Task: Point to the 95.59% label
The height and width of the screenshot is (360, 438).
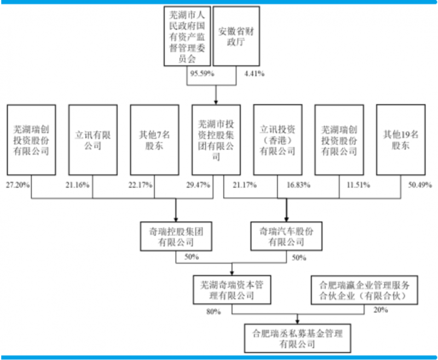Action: (x=202, y=73)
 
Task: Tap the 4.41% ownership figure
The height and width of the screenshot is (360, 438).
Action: (x=254, y=73)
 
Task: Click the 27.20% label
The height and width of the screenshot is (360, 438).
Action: (x=18, y=185)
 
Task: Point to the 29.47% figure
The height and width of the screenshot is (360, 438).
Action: (x=198, y=185)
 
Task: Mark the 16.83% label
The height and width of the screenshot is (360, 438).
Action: (x=298, y=185)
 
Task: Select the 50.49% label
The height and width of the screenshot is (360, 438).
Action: (x=420, y=185)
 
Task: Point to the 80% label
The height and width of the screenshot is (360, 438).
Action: (x=214, y=311)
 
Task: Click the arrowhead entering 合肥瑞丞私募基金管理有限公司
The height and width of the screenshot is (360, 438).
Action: (x=297, y=322)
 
